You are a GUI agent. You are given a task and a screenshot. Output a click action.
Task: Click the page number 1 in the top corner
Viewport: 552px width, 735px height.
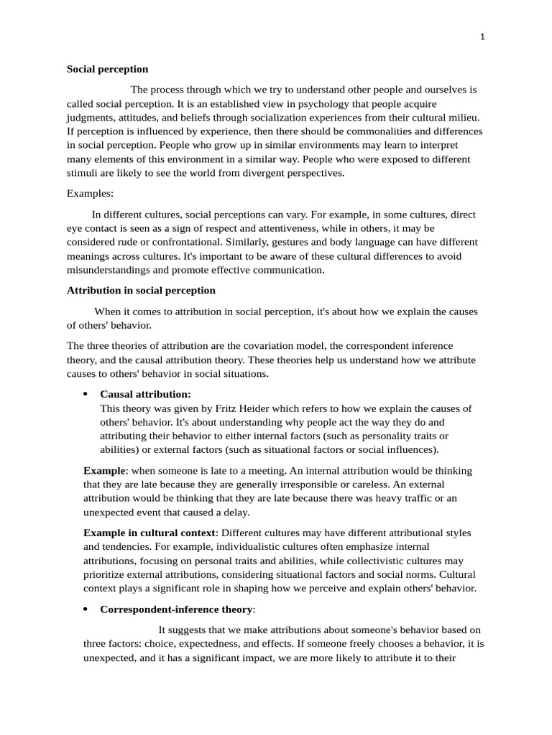482,39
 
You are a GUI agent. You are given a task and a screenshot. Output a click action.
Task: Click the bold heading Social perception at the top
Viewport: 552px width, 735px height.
107,70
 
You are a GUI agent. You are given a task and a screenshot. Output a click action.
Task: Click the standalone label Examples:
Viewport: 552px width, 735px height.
90,194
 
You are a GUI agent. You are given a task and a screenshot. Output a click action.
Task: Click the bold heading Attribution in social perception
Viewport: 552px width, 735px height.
141,291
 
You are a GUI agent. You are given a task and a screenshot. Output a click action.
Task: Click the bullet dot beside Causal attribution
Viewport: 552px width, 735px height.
86,395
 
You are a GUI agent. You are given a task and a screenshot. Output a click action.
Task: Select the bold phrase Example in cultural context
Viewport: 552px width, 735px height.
149,533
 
